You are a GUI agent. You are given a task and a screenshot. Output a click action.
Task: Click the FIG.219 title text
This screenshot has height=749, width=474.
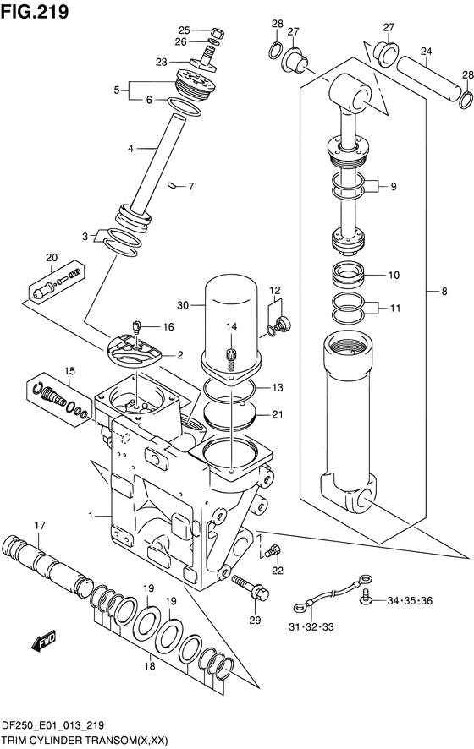(35, 12)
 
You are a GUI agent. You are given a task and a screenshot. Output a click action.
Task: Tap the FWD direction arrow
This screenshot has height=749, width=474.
(44, 641)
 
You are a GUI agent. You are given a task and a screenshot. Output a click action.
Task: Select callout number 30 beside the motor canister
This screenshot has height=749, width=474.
(183, 305)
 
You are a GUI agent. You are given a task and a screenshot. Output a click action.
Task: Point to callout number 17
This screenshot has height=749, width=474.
(40, 526)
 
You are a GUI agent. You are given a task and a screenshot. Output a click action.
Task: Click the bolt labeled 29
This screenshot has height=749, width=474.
(251, 588)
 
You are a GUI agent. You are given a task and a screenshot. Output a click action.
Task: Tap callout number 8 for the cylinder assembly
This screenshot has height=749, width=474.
(444, 291)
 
